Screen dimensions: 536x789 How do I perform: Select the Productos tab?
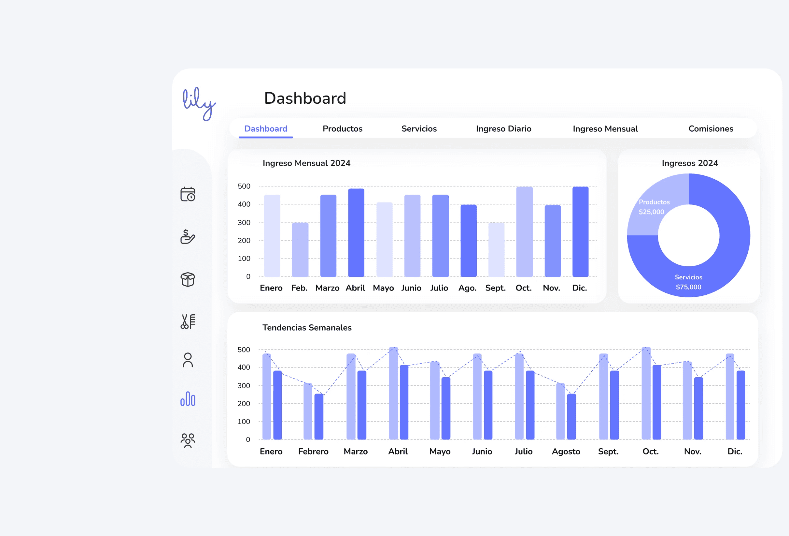coord(342,129)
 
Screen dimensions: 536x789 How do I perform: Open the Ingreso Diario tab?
coord(503,129)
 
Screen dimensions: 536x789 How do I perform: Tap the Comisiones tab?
coord(711,129)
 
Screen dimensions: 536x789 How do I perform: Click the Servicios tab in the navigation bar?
coord(419,129)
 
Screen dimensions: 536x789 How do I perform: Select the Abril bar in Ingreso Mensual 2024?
coord(356,233)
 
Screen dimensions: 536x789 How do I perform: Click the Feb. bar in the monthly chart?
coord(300,250)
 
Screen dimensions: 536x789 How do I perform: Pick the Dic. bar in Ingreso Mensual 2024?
coord(580,232)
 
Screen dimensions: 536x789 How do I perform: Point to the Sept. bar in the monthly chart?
coord(496,250)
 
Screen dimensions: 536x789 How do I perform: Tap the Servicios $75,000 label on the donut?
coord(688,282)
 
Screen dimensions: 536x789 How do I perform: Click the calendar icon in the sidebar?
coord(188,194)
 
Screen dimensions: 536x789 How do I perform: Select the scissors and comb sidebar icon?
coord(188,321)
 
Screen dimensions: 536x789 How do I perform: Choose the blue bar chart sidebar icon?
coord(188,399)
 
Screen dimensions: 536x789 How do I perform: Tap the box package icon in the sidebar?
coord(188,279)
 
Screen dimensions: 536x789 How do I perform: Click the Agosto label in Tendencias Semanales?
coord(566,451)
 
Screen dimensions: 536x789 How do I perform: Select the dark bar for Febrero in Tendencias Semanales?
coord(319,417)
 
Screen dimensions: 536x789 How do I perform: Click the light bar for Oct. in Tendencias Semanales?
coord(646,394)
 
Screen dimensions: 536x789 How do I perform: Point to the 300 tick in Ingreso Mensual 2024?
coord(244,223)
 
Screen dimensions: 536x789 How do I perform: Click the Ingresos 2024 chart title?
coord(690,163)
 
